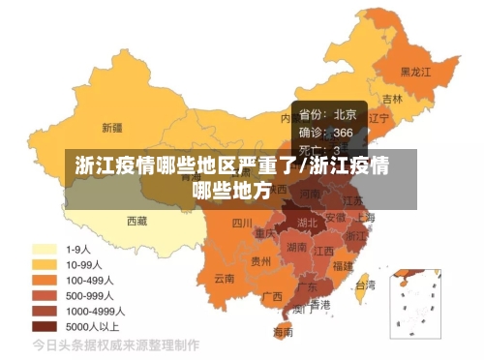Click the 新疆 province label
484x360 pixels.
[x=111, y=126]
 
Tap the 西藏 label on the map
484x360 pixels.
[x=136, y=221]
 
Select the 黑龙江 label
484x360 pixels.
[x=416, y=72]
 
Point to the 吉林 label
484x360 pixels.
[x=392, y=99]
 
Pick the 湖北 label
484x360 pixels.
[x=307, y=223]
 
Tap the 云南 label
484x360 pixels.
[x=224, y=278]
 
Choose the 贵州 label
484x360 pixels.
[x=260, y=260]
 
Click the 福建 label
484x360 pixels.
[x=342, y=264]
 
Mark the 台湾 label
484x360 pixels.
[x=365, y=285]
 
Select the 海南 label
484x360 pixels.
[x=283, y=331]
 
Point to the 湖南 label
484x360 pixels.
[x=297, y=247]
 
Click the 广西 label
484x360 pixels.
[x=272, y=295]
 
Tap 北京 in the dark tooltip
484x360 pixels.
[x=345, y=114]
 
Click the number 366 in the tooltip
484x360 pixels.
[x=344, y=132]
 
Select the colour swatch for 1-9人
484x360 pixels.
[x=44, y=248]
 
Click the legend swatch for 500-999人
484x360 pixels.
[x=44, y=295]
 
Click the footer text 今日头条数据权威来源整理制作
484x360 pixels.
[x=116, y=345]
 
